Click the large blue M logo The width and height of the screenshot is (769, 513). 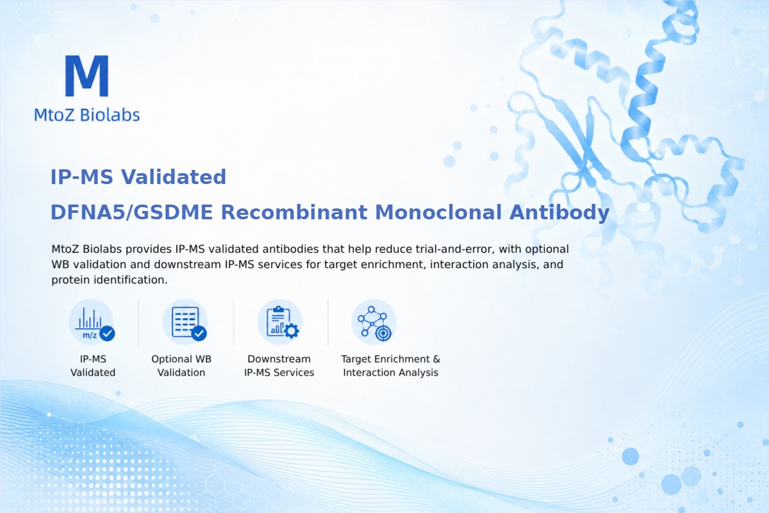87,76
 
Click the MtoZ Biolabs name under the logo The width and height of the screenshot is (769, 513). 87,115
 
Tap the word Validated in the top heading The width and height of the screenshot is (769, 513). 174,177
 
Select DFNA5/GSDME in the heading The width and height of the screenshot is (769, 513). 131,212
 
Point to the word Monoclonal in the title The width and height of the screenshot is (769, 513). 438,212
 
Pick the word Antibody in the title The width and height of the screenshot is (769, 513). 559,213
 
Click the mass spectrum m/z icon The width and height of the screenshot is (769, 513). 91,323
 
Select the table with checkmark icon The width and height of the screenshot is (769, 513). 185,323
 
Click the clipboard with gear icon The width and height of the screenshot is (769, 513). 280,323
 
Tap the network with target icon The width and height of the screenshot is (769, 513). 374,323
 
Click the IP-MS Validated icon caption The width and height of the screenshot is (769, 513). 93,366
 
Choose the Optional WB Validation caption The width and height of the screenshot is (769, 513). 181,366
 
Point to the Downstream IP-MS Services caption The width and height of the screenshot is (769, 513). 279,366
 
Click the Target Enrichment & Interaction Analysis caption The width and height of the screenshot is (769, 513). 391,366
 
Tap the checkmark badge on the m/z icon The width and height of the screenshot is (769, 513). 107,333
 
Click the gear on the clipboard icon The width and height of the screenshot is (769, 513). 292,331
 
